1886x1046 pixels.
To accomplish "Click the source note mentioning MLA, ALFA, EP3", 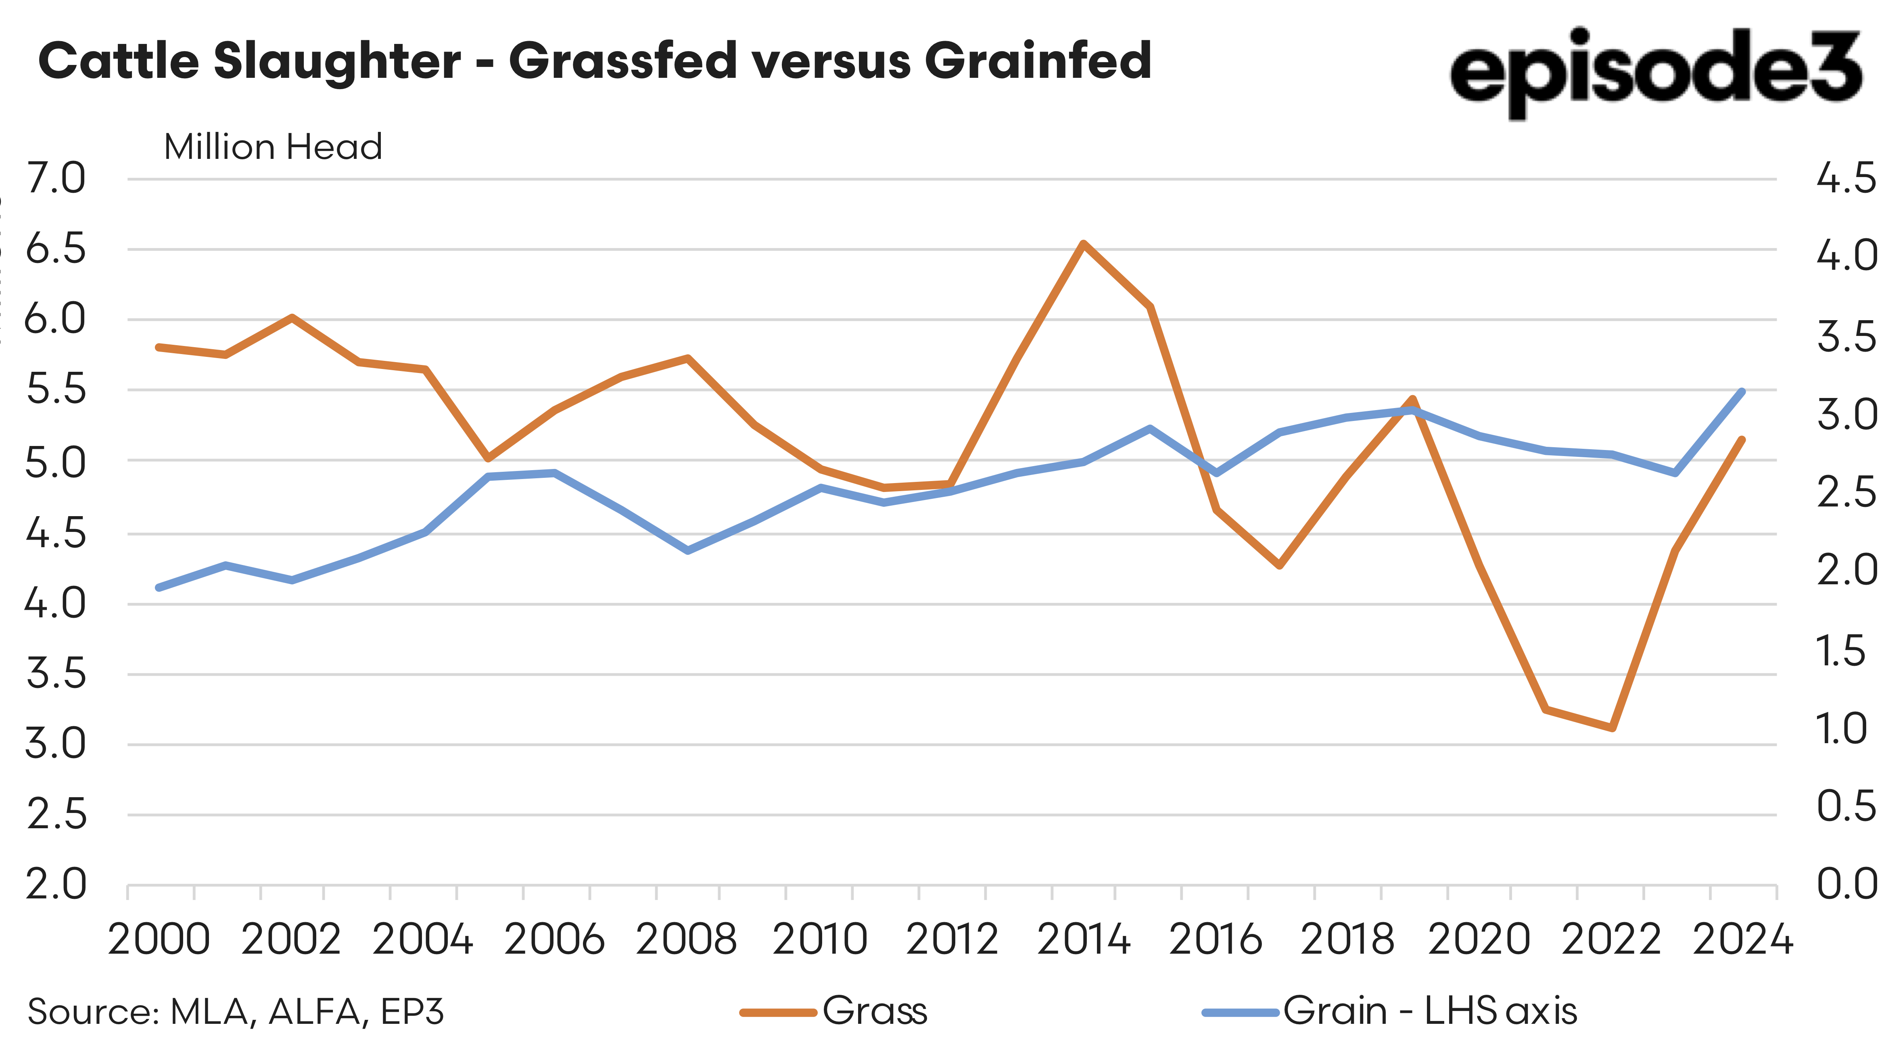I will click(x=235, y=1012).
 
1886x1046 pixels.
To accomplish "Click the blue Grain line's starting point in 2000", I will click(x=159, y=587).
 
